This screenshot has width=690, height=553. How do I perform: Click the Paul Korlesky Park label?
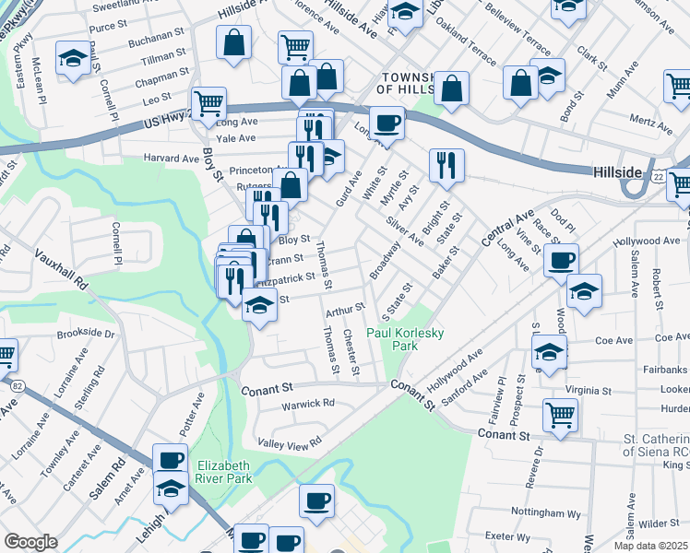point(392,339)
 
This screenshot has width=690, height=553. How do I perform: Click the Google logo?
point(30,542)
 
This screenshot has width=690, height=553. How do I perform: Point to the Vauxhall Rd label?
point(62,268)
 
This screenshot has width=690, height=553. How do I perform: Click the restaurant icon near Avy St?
point(446,165)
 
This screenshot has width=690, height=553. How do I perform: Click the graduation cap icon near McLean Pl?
point(73,57)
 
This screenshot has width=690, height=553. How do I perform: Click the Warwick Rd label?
point(309,404)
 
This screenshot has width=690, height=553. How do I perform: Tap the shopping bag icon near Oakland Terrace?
point(452,88)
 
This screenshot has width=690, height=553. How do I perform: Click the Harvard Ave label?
point(172,159)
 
